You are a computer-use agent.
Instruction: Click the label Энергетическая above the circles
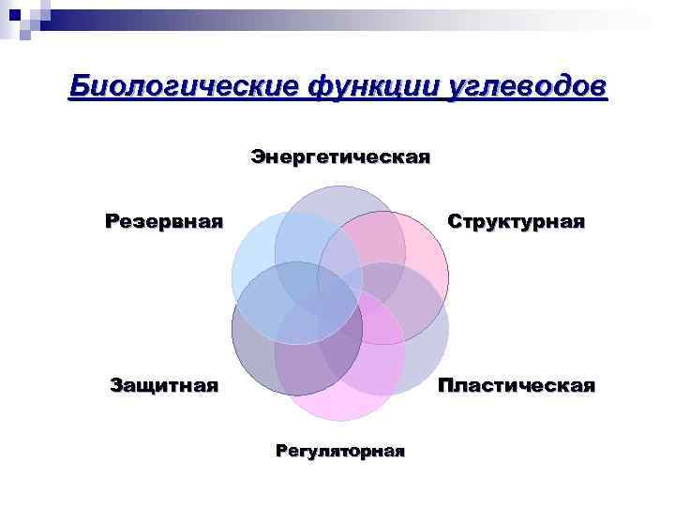340,156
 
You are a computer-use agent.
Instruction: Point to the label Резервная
164,222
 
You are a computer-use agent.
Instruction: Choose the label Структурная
517,222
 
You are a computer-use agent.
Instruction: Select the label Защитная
164,384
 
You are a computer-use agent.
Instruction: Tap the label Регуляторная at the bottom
340,451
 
